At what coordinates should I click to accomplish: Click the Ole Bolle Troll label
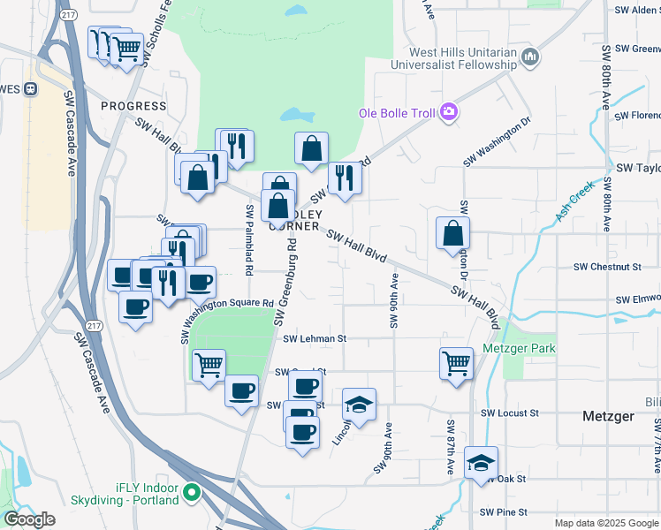[395, 113]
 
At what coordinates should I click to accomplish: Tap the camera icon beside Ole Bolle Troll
[449, 111]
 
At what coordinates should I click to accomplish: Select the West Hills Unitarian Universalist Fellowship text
[450, 58]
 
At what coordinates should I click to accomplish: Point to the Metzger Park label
[520, 348]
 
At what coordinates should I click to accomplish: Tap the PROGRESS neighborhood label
[133, 106]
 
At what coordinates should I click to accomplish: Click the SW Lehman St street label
[315, 338]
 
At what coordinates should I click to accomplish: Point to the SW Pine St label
[503, 512]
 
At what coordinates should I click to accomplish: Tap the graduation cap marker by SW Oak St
[482, 462]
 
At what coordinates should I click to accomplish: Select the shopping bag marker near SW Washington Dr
[452, 233]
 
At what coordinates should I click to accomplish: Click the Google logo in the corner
[29, 519]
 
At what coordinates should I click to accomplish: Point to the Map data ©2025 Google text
[605, 523]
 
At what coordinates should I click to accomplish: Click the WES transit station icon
[31, 88]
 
